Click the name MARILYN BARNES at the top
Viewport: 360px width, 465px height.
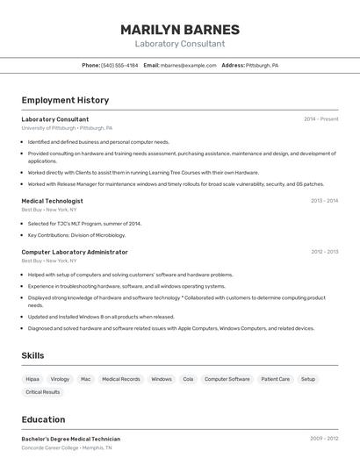[179, 30]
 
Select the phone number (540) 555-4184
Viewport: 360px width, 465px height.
[119, 66]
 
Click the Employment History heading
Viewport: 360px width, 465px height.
[65, 100]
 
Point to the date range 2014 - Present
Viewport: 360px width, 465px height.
[320, 119]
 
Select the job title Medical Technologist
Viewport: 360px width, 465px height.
[52, 201]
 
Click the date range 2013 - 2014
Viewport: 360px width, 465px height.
[324, 201]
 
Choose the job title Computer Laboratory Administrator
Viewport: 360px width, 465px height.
[75, 252]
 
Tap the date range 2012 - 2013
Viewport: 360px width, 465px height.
[324, 252]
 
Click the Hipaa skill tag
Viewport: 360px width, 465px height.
[32, 379]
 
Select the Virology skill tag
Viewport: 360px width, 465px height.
[60, 379]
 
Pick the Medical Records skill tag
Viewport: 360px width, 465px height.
[121, 379]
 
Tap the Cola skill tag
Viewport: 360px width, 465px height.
[188, 379]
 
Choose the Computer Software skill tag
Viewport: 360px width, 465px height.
[227, 379]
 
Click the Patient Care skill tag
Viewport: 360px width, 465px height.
[275, 379]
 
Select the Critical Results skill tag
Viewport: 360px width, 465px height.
[41, 393]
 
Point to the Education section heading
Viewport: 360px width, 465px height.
[43, 419]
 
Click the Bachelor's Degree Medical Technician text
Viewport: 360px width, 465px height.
[70, 439]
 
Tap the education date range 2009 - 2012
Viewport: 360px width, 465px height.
[324, 439]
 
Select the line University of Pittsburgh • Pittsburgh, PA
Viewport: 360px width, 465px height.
[67, 128]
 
